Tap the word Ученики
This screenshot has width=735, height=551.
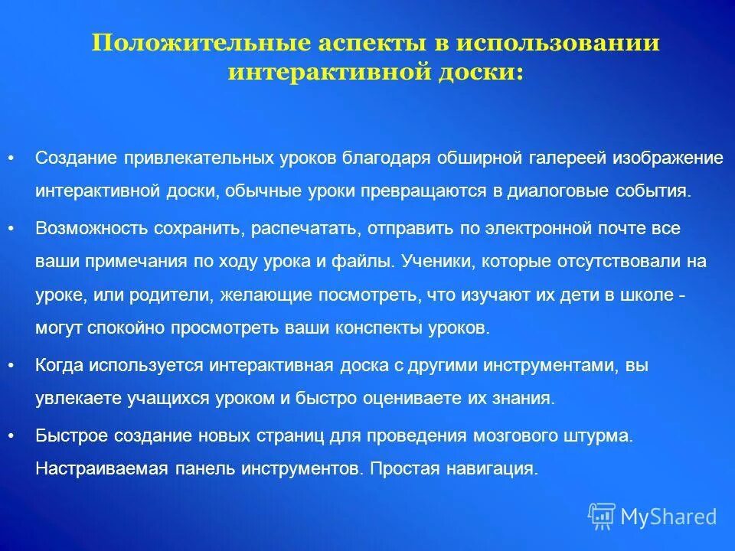point(430,261)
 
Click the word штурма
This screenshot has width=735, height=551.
point(603,435)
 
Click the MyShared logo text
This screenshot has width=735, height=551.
point(668,517)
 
